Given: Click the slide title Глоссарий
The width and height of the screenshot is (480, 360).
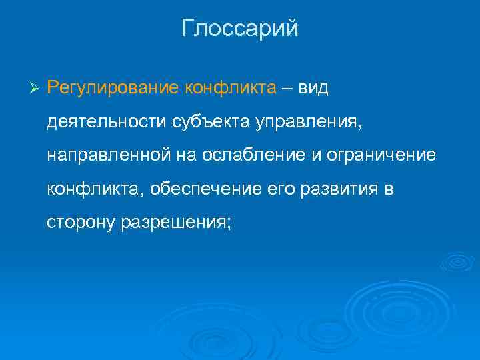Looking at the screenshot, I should click(240, 29).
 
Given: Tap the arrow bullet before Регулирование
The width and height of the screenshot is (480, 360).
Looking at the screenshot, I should click(36, 89).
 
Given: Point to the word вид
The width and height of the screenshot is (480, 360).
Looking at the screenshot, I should click(313, 89).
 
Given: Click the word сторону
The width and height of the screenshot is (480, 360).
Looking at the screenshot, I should click(81, 222).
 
